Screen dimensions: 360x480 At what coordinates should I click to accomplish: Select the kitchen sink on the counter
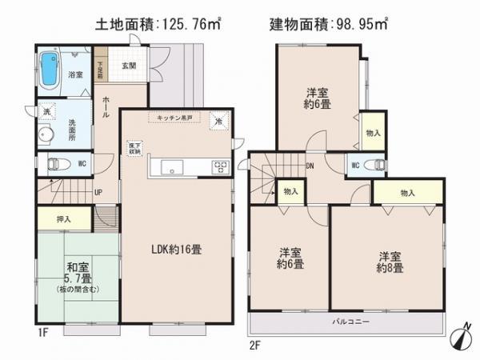173,167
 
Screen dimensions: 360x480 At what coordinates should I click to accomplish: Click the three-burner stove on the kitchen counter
219,167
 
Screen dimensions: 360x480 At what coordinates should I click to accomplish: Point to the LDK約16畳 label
176,249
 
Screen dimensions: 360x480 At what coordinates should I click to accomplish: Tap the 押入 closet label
63,218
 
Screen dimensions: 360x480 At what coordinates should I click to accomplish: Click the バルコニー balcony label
347,322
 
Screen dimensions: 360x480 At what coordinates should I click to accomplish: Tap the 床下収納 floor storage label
134,149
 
